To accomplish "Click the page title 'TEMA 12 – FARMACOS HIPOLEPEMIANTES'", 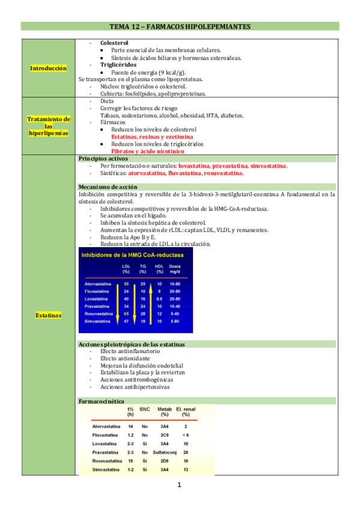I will click(x=180, y=26).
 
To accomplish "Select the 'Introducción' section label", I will click(x=48, y=69).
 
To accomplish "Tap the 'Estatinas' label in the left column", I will click(x=48, y=315).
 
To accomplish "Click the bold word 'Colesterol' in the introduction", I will click(x=114, y=44).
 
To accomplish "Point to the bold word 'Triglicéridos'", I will click(x=118, y=64).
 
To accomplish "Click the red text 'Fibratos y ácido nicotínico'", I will click(x=142, y=152).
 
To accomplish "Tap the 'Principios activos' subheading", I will click(x=103, y=158).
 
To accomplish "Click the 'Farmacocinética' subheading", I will click(x=102, y=401).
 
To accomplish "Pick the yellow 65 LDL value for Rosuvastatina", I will click(x=126, y=314).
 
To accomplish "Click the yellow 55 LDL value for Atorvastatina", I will click(x=126, y=283).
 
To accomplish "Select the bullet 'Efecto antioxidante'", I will click(x=126, y=358).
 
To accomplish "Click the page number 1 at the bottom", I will click(x=179, y=485).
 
